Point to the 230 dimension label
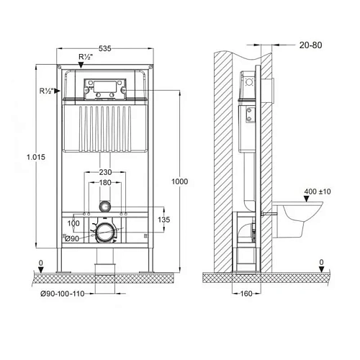[106, 173]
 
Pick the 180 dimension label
[106, 184]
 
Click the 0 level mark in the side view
[321, 263]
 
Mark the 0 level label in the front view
[41, 263]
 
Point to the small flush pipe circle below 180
[106, 206]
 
